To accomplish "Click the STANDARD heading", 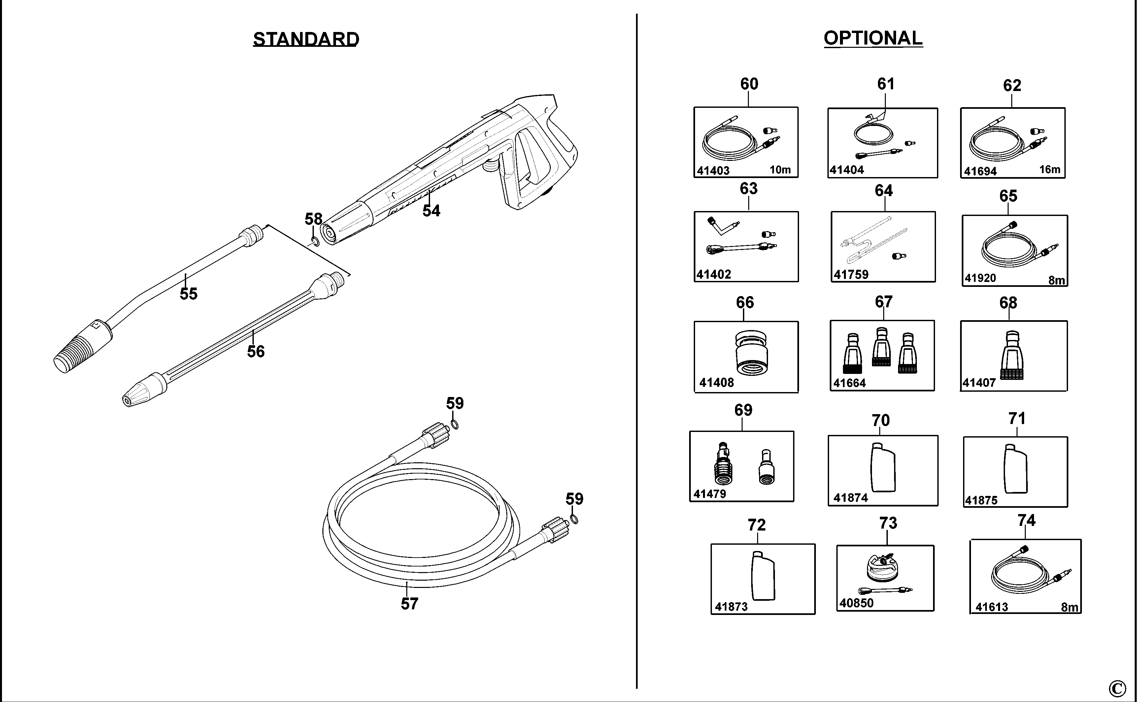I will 306,39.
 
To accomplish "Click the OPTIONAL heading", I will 873,38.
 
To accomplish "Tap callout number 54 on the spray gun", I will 431,211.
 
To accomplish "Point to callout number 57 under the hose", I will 409,603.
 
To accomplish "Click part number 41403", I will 713,170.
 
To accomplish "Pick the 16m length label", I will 1050,169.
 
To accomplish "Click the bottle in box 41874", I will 883,467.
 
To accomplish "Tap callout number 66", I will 745,303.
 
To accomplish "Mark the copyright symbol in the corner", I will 1117,687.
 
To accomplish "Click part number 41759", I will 851,274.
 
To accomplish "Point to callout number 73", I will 888,523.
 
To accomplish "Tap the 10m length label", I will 780,170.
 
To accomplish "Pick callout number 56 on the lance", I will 255,351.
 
